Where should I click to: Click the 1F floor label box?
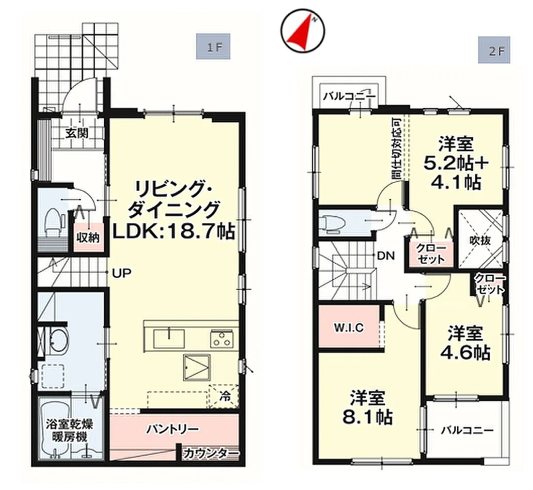click(213, 46)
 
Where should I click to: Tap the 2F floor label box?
click(494, 50)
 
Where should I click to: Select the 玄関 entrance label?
click(77, 133)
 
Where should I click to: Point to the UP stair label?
click(121, 273)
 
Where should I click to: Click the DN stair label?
click(386, 255)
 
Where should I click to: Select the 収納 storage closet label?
click(88, 238)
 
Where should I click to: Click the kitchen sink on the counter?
click(169, 339)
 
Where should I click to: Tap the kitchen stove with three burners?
click(221, 339)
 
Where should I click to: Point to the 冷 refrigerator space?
click(224, 396)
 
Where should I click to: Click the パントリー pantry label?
click(172, 429)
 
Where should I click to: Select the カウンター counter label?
click(211, 453)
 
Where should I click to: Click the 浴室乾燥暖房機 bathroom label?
click(69, 431)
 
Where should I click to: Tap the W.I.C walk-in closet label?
click(348, 328)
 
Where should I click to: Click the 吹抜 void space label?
click(480, 241)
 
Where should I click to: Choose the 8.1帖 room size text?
click(367, 417)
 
